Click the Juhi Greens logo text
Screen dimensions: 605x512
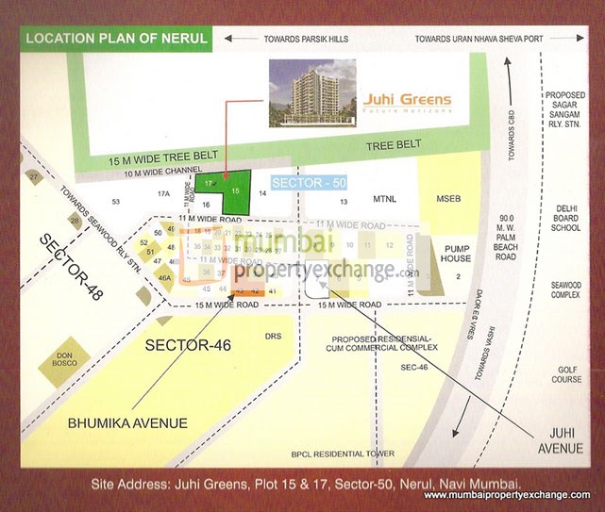[x=407, y=99]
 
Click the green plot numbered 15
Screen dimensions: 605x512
[x=236, y=190]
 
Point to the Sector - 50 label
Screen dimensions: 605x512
[x=303, y=180]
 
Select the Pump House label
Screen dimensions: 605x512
[x=456, y=253]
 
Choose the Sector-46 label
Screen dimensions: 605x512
[x=188, y=346]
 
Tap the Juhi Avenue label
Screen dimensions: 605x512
[x=560, y=439]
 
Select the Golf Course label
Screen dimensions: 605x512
[x=566, y=374]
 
